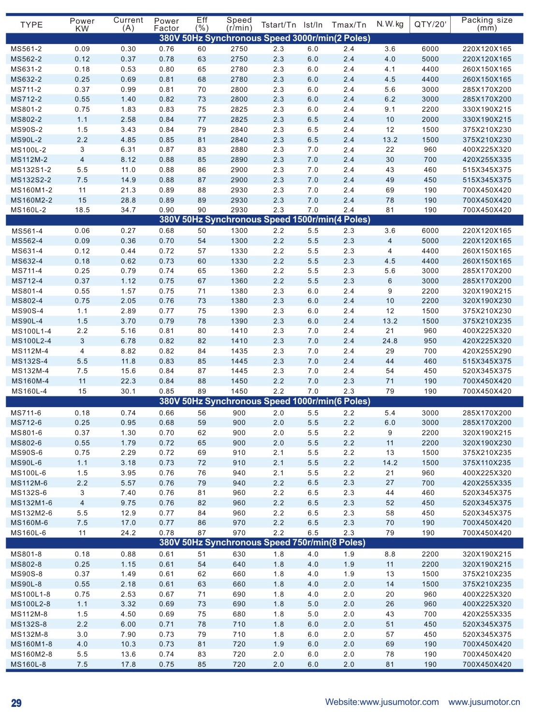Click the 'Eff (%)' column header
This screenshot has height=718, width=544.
(202, 24)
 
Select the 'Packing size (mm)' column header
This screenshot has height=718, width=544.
(486, 24)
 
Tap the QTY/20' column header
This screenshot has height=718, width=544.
(430, 24)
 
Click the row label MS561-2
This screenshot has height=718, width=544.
(26, 49)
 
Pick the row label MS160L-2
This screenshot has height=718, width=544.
(29, 210)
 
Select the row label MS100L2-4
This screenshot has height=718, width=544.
(31, 341)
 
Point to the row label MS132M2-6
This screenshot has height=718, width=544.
(31, 513)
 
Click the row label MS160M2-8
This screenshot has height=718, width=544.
(31, 654)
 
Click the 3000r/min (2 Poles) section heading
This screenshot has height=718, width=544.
(265, 38)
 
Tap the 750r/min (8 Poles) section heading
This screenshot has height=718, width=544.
(262, 542)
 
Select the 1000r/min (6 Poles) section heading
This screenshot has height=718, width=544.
(265, 401)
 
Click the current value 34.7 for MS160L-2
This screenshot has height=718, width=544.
(128, 210)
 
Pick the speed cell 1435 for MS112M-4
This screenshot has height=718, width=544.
(239, 351)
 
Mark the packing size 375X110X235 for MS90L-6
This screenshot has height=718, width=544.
(486, 463)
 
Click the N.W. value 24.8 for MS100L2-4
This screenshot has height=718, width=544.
(390, 341)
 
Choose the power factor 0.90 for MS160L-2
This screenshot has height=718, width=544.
(166, 210)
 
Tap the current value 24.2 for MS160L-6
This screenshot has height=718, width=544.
(128, 533)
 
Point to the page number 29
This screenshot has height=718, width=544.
(16, 703)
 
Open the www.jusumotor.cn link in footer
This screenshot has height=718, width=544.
(484, 702)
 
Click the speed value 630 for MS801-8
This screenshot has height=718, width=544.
(239, 554)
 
